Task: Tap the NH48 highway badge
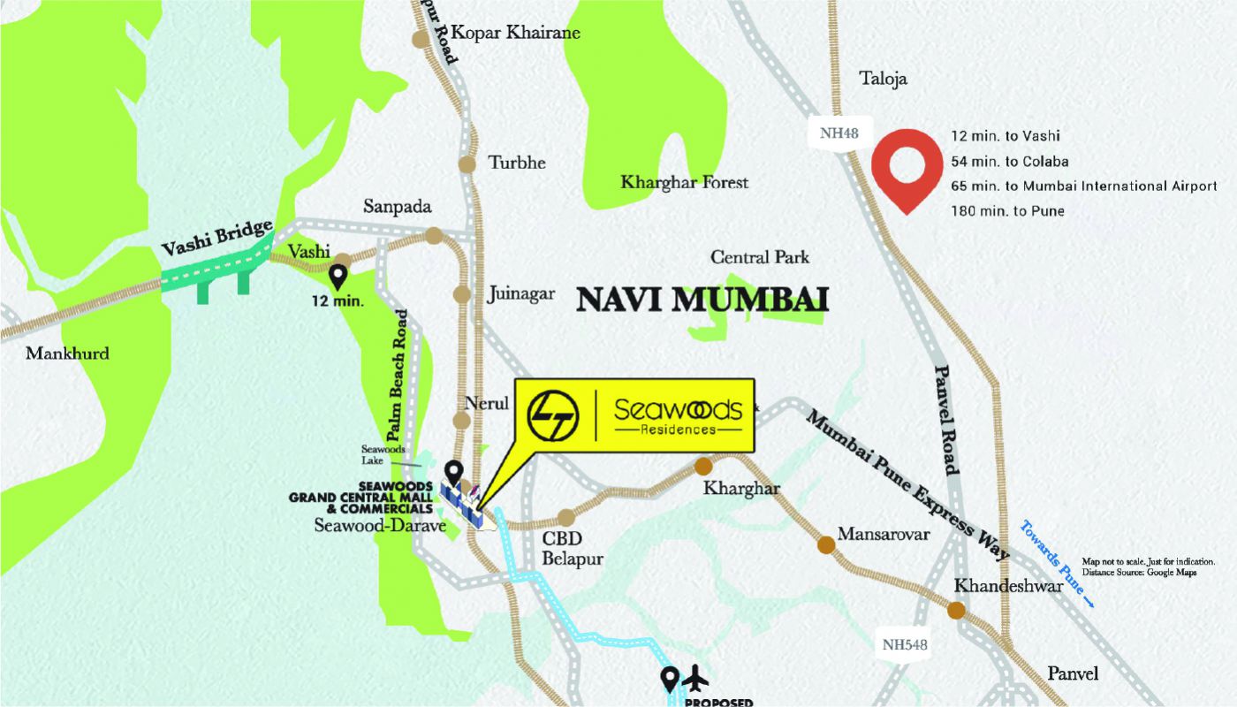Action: click(x=840, y=134)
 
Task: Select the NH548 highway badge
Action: click(x=905, y=644)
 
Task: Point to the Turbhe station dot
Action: click(x=467, y=163)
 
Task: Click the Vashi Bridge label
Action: click(x=217, y=239)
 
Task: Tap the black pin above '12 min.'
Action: click(x=338, y=277)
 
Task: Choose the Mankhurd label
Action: click(x=67, y=353)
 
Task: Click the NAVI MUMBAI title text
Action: click(x=702, y=300)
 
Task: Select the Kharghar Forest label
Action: click(x=684, y=183)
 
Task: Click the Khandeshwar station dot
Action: click(x=956, y=610)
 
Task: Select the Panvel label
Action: click(x=1073, y=673)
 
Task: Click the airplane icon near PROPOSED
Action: click(x=697, y=679)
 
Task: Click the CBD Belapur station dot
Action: click(x=565, y=517)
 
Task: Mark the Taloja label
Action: click(x=884, y=80)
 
